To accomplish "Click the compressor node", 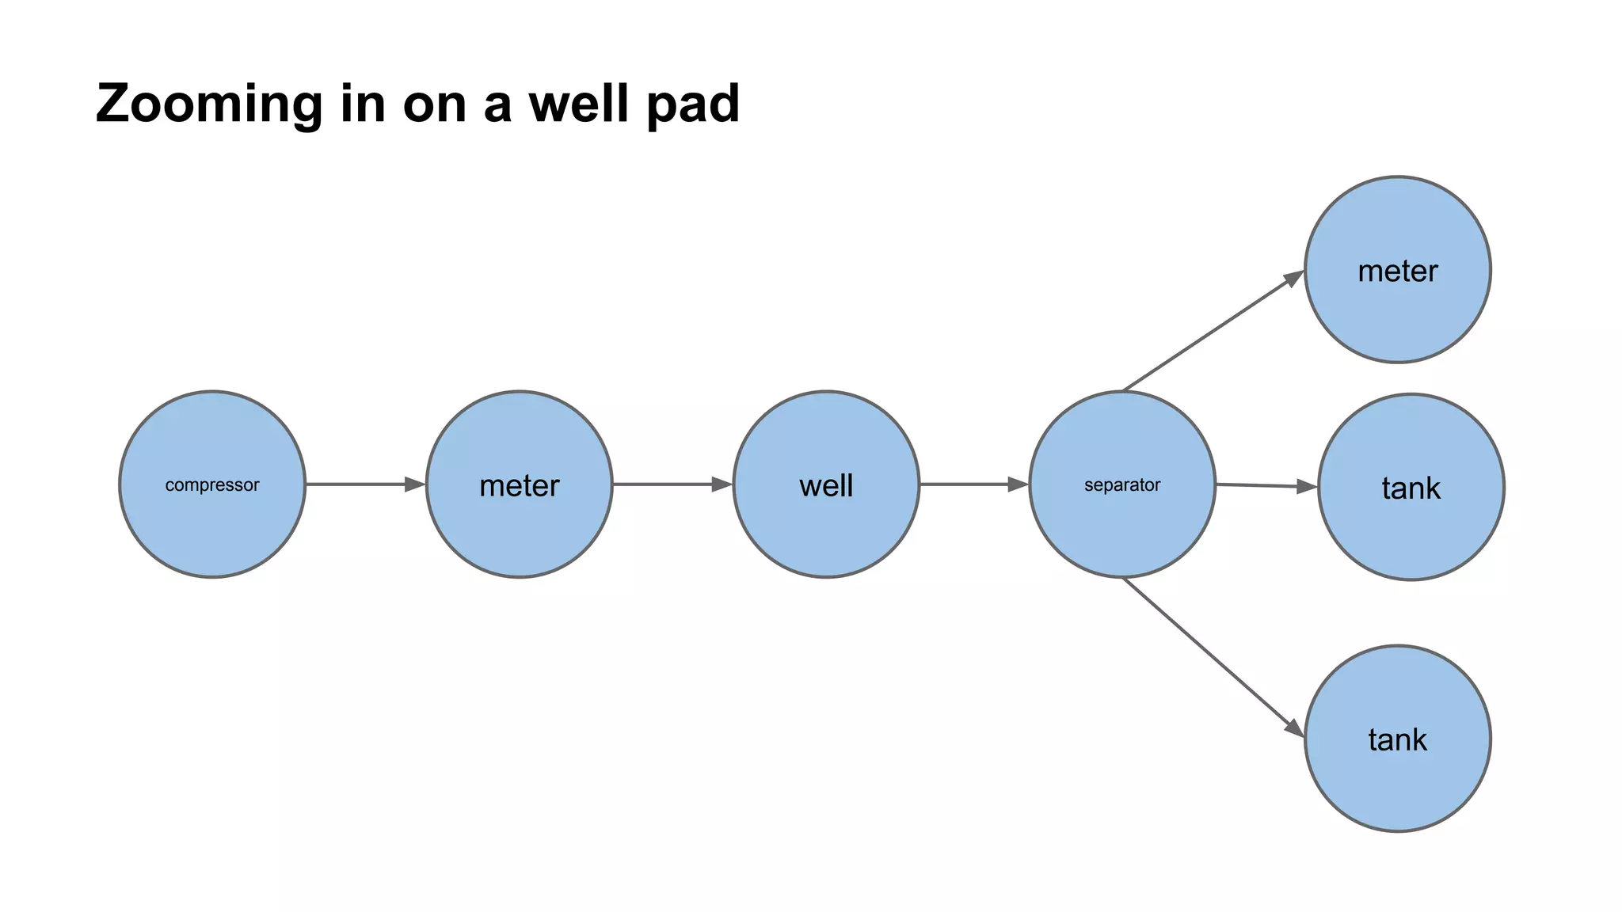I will [x=212, y=484].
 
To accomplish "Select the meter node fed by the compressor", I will [x=520, y=484].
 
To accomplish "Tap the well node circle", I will [x=826, y=484].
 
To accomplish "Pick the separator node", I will [x=1122, y=484].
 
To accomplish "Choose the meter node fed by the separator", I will [x=1398, y=270].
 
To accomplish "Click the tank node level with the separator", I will [x=1411, y=487].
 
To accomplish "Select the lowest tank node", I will [x=1398, y=739].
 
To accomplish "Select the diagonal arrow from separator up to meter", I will [x=1212, y=332].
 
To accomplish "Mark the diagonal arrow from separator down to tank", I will [x=1212, y=656].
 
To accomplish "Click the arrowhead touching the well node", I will [x=722, y=484].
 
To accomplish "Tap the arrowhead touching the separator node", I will [x=1018, y=484].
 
